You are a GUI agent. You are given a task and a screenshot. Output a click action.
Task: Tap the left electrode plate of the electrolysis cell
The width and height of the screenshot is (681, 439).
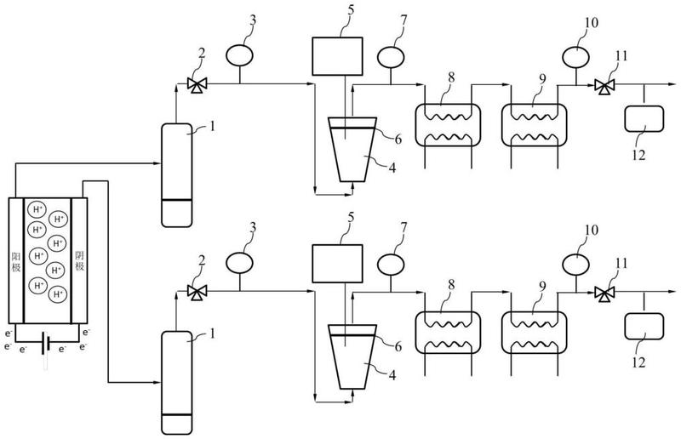coord(16,260)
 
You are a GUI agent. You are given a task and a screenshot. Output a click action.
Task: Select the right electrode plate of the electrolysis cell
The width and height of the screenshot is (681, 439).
coord(79,260)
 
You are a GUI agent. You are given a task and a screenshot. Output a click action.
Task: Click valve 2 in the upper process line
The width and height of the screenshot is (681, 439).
coord(197,84)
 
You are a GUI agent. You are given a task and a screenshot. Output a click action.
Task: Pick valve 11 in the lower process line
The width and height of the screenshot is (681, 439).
coord(604,294)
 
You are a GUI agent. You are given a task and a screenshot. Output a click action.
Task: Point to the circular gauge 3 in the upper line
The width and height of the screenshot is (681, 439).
coord(239,55)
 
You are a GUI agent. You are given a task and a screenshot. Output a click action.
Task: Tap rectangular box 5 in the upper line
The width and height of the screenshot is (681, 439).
coord(337,56)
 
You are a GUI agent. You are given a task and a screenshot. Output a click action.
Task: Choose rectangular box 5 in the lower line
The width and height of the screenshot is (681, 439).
coord(337,264)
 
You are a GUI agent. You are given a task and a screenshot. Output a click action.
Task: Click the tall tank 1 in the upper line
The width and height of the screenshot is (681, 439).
coord(176,175)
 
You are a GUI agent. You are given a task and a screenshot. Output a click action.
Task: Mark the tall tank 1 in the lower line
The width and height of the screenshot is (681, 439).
coord(176,383)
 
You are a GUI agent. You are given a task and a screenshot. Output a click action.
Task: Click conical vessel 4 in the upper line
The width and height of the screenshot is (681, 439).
coord(352,149)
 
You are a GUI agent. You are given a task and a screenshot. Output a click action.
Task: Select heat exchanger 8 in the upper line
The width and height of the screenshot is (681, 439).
coord(448,125)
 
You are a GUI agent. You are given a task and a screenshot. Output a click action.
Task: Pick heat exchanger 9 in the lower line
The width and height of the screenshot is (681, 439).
coord(535,333)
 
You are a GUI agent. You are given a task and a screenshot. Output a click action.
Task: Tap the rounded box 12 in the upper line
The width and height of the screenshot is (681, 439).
coord(644,118)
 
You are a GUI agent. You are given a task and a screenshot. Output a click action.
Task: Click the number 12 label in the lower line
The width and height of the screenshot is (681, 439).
coord(639,362)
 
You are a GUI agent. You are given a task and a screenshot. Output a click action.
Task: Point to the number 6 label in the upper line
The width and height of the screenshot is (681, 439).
coord(398,139)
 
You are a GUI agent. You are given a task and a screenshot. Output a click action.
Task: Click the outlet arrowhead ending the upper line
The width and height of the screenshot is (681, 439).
coord(672,84)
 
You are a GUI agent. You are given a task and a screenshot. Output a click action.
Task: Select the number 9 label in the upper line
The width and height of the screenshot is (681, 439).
coord(542,79)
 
